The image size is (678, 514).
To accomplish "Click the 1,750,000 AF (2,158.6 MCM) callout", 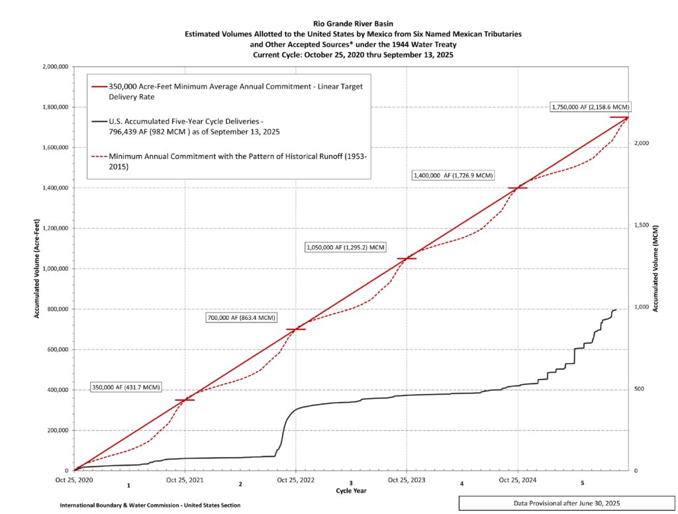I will (x=591, y=107).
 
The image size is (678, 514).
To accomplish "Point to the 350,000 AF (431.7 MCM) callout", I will (x=126, y=387).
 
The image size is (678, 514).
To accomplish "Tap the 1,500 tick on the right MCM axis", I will (x=639, y=225).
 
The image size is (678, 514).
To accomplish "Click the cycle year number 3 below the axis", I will (x=351, y=484).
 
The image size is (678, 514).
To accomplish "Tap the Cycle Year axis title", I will (x=351, y=491).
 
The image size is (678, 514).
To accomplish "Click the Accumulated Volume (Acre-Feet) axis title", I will (x=37, y=268).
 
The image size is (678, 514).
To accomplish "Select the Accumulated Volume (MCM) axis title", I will (x=655, y=268).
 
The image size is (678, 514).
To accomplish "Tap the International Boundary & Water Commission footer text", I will (x=150, y=505).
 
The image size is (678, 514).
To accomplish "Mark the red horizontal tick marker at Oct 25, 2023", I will (x=407, y=258).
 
